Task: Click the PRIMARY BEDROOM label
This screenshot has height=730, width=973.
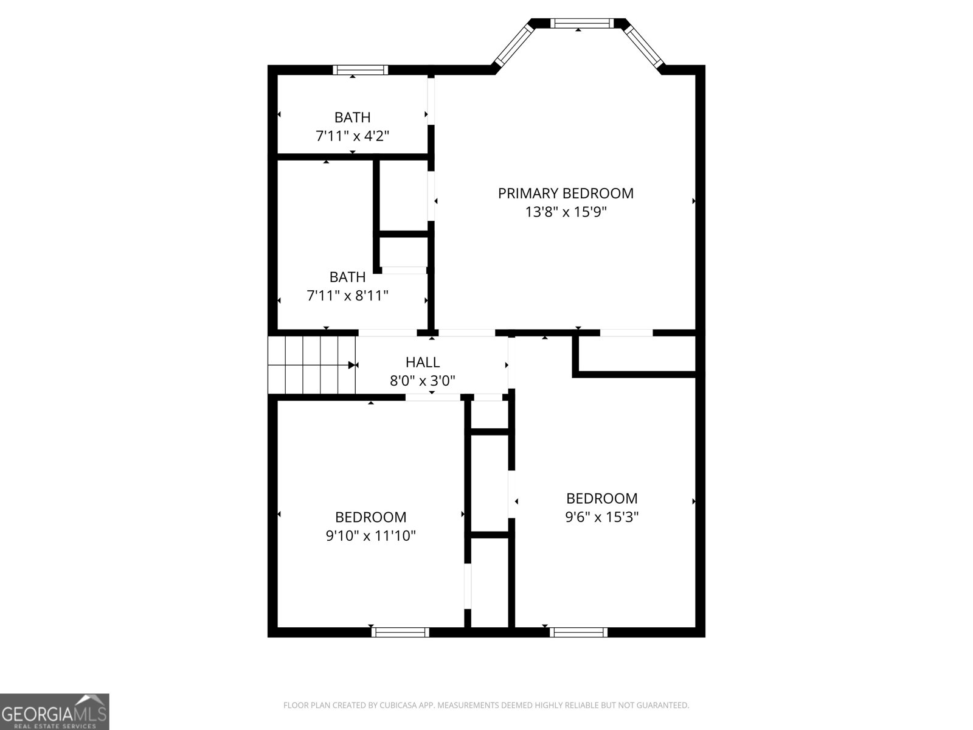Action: [x=566, y=193]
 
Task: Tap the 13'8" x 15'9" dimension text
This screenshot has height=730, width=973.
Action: [x=566, y=212]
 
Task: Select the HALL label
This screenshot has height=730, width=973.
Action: [x=423, y=362]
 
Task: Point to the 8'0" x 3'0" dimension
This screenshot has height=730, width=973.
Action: [x=423, y=381]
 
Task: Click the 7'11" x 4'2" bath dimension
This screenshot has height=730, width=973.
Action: [x=352, y=136]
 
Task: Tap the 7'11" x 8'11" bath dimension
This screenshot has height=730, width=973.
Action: [x=347, y=295]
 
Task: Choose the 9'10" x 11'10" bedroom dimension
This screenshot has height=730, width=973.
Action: [x=370, y=536]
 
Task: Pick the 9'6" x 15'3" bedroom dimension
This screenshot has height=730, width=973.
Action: [x=601, y=517]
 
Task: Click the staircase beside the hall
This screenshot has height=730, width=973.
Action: [x=311, y=365]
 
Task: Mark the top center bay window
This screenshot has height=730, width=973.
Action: [x=581, y=23]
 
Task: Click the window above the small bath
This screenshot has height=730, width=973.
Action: [x=361, y=70]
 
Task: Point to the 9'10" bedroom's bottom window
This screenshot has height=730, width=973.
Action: [x=400, y=632]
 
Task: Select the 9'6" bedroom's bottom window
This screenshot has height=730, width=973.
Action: [x=578, y=632]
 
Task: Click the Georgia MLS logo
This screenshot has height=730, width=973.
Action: [x=55, y=711]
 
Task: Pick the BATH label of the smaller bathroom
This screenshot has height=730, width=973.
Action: [x=352, y=117]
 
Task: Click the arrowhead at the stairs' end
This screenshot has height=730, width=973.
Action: [x=352, y=365]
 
